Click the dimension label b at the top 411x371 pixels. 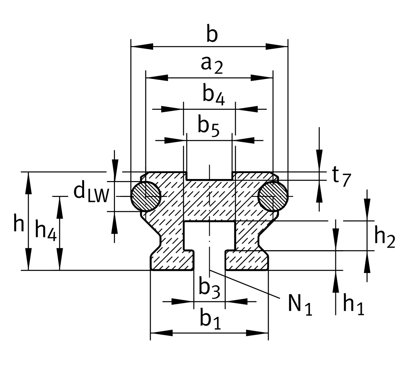coord(212,33)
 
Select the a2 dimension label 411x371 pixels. coord(212,65)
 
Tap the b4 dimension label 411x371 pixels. coord(214,95)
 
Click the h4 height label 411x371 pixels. coord(46,230)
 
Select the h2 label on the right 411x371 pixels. coord(385,237)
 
